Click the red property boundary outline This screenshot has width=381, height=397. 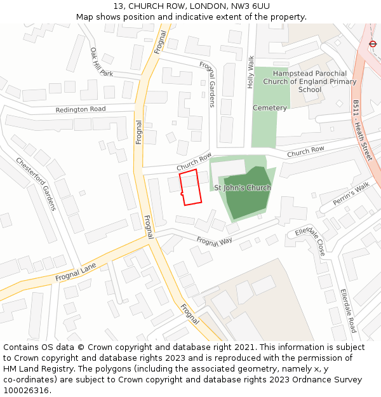191,187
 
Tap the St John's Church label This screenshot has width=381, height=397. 243,188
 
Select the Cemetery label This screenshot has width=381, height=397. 270,108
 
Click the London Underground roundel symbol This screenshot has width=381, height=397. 373,44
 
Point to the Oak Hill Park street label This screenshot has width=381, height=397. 101,62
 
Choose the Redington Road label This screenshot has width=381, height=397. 81,109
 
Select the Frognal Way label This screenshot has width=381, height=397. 215,241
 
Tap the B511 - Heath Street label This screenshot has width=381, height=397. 361,130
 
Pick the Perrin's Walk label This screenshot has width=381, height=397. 351,194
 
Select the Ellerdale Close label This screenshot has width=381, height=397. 311,241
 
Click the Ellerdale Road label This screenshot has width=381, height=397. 348,311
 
